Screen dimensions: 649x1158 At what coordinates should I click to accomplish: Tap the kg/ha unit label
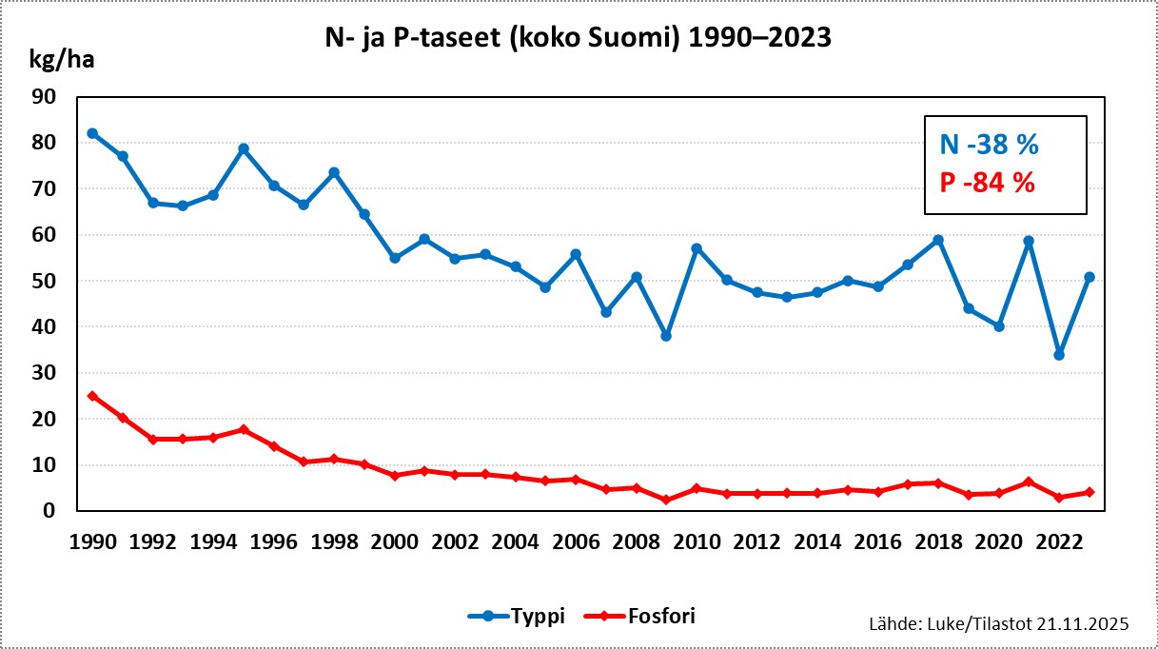point(63,61)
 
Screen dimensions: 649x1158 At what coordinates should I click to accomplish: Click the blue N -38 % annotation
point(989,146)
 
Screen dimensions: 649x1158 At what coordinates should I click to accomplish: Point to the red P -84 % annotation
point(988,182)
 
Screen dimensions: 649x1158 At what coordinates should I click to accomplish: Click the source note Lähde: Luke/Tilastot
point(998,623)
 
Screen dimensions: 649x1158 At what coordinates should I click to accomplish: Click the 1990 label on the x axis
point(92,542)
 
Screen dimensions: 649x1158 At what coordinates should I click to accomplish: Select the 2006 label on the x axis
point(576,542)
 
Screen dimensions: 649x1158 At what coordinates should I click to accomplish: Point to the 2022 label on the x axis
point(1059,542)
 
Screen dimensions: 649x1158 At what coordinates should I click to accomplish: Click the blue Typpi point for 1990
point(92,133)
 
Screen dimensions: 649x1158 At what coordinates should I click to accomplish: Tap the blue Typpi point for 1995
point(244,148)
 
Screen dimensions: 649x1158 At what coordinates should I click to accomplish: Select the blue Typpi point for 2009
point(666,336)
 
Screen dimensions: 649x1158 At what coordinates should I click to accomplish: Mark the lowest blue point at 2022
point(1059,355)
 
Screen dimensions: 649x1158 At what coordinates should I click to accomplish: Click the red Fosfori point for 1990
point(92,396)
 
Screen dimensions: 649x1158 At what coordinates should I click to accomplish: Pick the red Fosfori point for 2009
point(666,500)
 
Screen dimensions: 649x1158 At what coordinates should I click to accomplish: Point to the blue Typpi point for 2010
point(697,248)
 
